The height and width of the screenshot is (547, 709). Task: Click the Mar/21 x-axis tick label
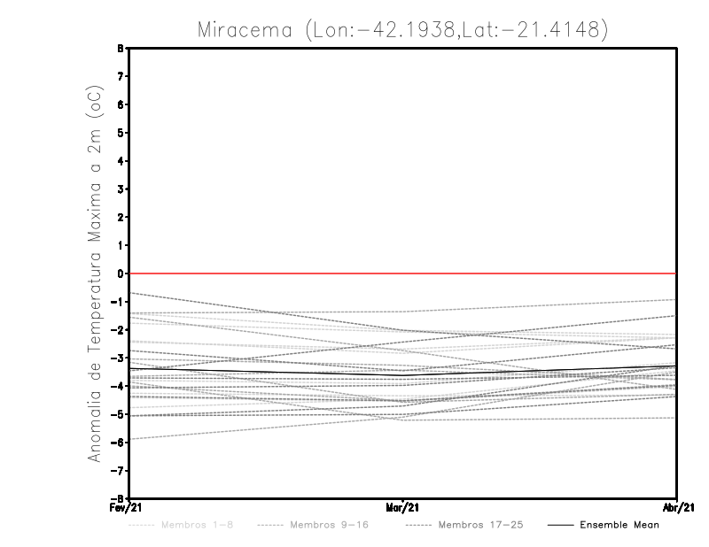[403, 507]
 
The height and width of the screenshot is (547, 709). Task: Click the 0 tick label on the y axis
[121, 273]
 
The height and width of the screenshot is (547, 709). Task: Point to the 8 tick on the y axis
[121, 48]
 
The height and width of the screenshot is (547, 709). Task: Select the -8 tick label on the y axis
[119, 498]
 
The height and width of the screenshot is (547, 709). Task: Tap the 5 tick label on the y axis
[121, 133]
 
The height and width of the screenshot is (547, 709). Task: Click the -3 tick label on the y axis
[119, 358]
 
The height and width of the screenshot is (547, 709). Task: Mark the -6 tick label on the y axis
[119, 443]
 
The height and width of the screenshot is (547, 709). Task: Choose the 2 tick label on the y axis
[121, 217]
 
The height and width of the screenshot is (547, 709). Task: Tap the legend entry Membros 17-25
[481, 525]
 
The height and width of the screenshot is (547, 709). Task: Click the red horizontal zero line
[266, 273]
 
